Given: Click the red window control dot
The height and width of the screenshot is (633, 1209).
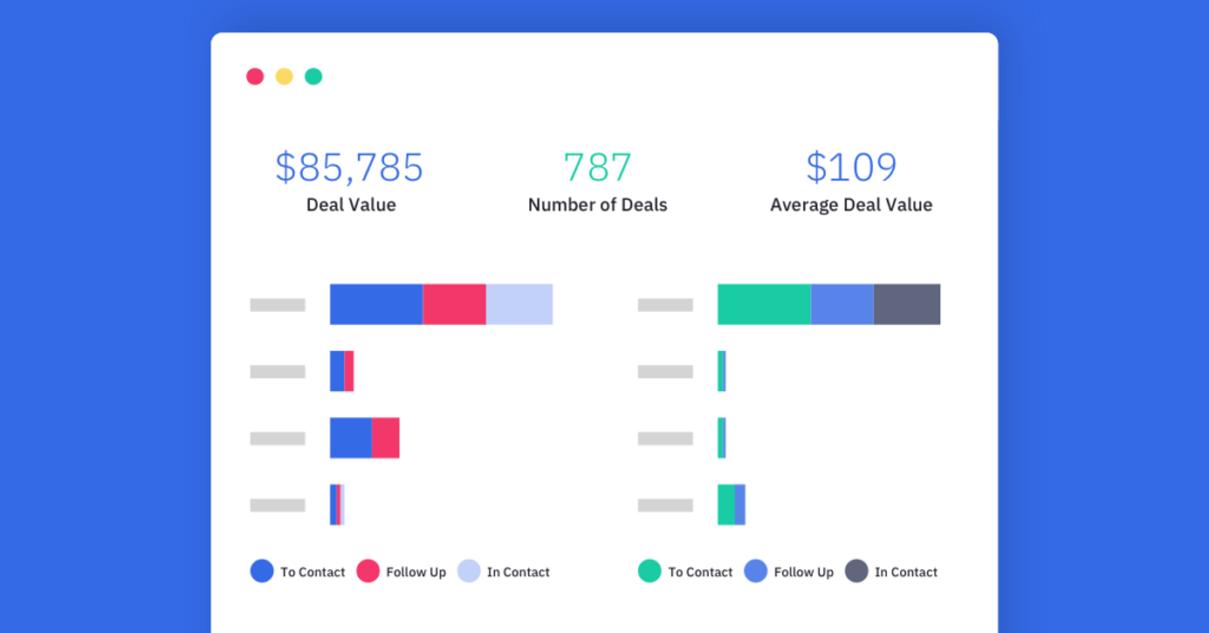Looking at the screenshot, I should pos(255,76).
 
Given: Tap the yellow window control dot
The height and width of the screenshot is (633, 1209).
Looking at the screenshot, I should pos(284,76).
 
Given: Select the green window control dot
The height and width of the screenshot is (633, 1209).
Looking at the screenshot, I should pos(314,76).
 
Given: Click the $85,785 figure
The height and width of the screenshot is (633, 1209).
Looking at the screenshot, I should pos(349,167).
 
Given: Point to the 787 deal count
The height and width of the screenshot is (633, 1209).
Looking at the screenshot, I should pos(598,167).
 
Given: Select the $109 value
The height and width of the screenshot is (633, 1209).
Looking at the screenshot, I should pos(851,167).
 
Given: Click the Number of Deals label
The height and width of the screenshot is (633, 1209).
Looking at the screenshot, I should pos(598,205).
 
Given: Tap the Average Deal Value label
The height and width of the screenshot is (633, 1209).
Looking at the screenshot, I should pos(851,205).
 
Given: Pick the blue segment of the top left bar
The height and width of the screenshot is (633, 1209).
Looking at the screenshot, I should pos(376,304).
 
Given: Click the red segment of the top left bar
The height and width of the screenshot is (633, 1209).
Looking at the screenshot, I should pos(454,304).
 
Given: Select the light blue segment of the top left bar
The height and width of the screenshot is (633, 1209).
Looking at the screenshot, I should pos(519,304).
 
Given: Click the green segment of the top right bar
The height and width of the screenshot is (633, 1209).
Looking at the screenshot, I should pos(764,304).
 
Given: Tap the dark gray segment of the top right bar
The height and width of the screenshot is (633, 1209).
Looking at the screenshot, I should pos(907,304).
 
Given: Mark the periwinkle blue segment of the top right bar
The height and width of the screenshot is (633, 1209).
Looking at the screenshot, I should pos(843,304).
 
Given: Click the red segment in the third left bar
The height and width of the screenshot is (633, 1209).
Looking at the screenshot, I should pos(385,438).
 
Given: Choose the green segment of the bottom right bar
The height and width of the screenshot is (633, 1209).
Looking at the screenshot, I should pos(726,505).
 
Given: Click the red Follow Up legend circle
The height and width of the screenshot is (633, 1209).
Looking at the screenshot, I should pos(368,571).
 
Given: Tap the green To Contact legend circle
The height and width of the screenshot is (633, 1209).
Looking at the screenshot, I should pos(650,571).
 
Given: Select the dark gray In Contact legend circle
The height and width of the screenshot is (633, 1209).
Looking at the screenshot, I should pos(856,571).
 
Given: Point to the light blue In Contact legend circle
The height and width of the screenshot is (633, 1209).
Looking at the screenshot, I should pos(468,571).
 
